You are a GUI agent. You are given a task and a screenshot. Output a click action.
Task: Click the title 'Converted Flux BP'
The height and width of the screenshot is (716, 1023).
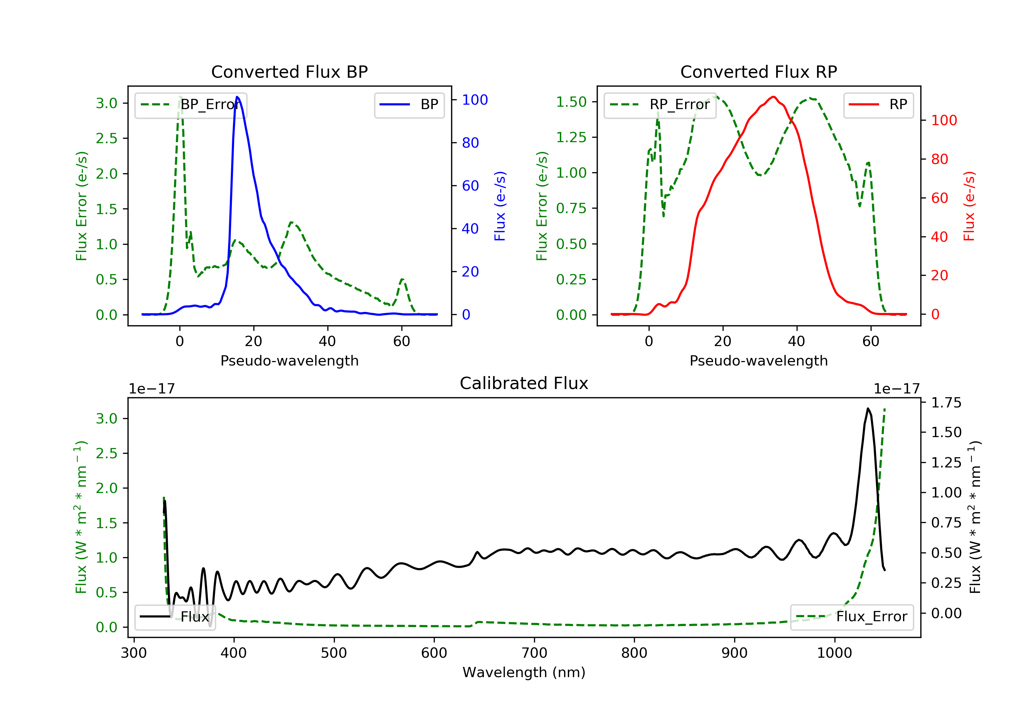click(289, 72)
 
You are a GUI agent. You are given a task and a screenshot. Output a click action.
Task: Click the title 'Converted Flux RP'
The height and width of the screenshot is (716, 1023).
click(758, 72)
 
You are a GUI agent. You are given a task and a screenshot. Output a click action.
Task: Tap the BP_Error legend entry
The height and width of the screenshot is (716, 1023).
click(191, 105)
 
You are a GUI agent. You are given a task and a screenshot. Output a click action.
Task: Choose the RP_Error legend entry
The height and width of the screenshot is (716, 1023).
click(660, 105)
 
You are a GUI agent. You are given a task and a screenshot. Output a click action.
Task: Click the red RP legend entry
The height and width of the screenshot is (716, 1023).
click(878, 105)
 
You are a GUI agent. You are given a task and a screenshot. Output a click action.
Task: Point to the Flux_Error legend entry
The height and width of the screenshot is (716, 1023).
click(851, 617)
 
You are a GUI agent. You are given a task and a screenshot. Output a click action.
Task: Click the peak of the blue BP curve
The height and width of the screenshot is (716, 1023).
click(237, 97)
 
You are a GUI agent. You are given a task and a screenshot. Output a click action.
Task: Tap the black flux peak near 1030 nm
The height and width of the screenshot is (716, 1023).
click(868, 408)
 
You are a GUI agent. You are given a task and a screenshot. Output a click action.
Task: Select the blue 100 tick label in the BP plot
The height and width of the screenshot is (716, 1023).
click(475, 100)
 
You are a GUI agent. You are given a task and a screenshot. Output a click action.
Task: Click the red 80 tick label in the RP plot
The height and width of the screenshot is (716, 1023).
click(940, 159)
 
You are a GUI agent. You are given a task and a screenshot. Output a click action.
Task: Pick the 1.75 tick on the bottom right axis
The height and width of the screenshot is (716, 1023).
click(946, 403)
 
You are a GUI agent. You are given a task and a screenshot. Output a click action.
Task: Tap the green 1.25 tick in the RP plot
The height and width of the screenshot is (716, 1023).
click(571, 137)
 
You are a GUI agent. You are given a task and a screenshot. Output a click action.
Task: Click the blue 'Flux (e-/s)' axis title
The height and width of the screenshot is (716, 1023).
click(500, 206)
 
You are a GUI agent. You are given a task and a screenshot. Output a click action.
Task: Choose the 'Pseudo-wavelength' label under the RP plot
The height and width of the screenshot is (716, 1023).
click(758, 360)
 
